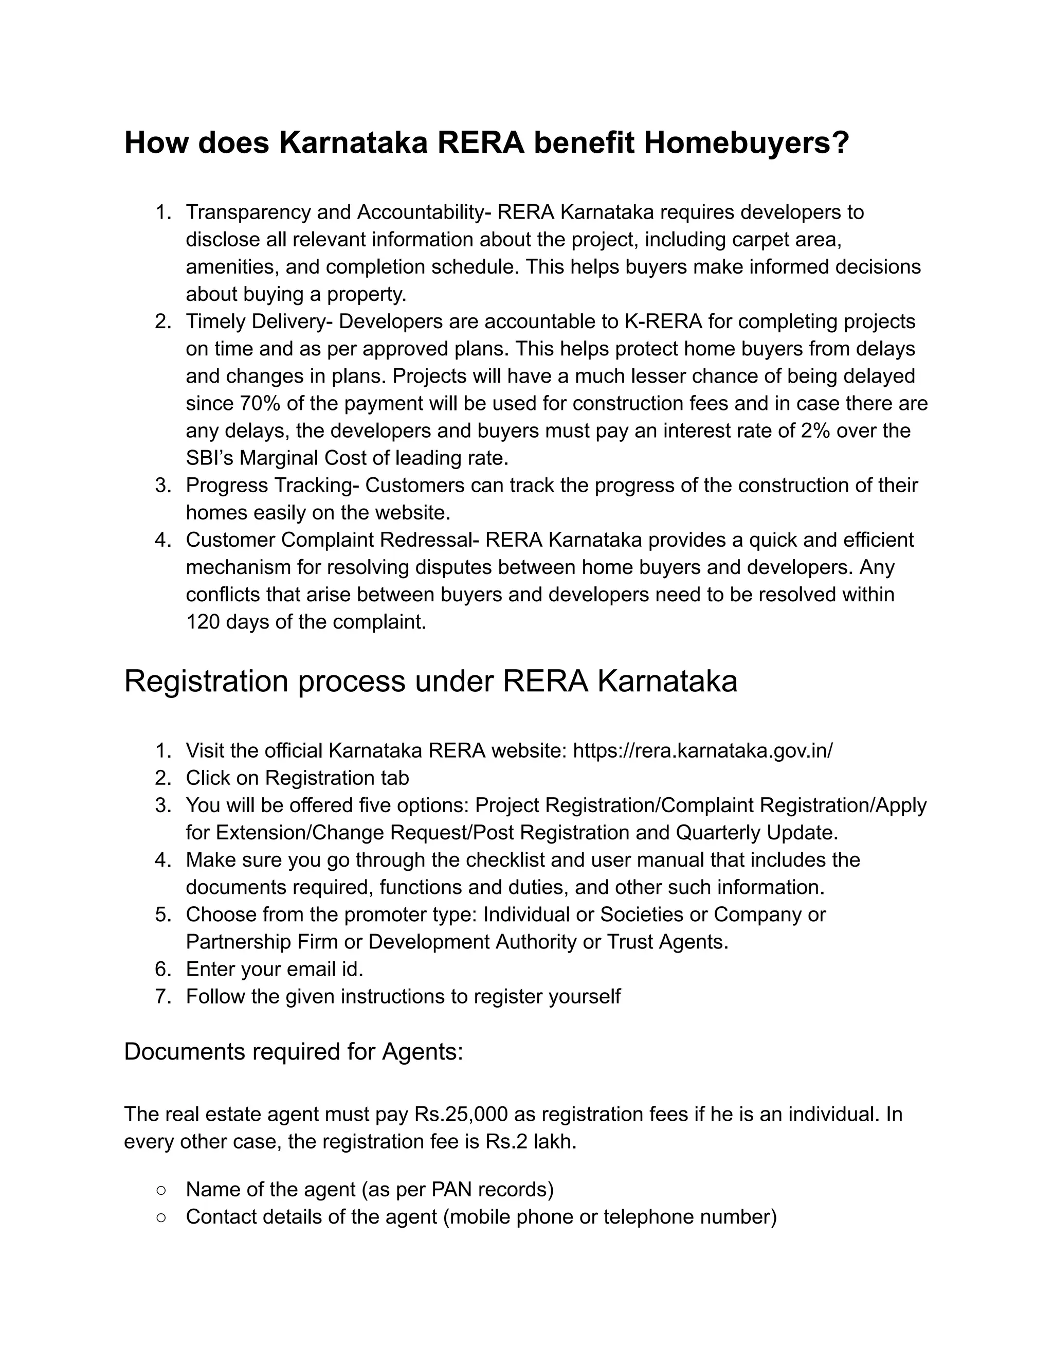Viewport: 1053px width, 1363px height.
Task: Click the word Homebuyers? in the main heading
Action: click(x=746, y=143)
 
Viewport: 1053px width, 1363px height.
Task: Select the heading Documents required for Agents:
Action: click(x=293, y=1052)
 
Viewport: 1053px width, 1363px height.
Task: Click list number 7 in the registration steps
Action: click(x=164, y=996)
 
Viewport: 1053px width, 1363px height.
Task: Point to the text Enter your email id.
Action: click(x=275, y=969)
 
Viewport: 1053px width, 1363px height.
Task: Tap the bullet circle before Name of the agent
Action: click(x=161, y=1190)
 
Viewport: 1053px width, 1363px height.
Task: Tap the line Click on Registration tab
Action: click(x=297, y=778)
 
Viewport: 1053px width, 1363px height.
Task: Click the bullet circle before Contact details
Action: click(x=161, y=1217)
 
